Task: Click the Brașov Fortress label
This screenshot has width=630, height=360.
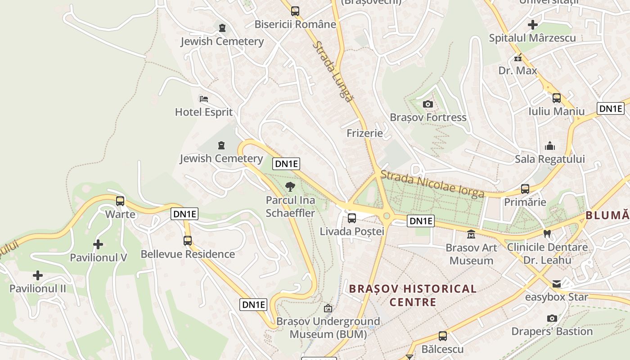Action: [428, 117]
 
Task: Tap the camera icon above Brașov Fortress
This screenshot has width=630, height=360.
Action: [428, 104]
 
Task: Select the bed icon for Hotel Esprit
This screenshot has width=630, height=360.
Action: [203, 99]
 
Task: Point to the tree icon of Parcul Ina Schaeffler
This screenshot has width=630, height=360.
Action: [290, 186]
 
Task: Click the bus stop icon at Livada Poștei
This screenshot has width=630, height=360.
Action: [352, 218]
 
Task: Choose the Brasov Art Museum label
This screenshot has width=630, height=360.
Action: [471, 254]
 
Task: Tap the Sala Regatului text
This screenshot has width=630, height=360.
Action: [550, 159]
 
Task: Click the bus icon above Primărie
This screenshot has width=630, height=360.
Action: [525, 189]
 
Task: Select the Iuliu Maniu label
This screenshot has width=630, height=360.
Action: [557, 111]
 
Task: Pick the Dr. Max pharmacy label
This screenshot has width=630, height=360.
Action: [517, 71]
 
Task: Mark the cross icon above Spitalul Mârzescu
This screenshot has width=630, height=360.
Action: [533, 25]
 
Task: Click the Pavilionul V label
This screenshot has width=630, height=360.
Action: [98, 257]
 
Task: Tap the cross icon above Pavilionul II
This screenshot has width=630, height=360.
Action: [38, 275]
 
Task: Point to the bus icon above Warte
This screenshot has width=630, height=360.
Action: [120, 201]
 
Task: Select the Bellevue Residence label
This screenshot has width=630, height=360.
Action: [188, 254]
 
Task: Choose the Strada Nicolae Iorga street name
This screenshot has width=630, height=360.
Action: [432, 184]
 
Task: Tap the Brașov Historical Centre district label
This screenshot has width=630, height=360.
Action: [413, 295]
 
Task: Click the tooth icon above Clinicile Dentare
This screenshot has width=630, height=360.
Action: [547, 234]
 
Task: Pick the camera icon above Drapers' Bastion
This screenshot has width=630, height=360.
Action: [552, 319]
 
